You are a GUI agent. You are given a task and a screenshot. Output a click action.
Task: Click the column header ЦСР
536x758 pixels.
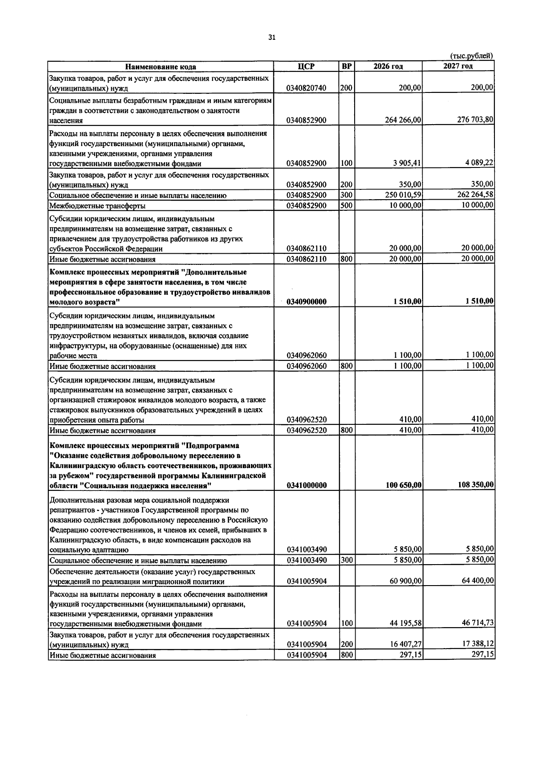coord(306,67)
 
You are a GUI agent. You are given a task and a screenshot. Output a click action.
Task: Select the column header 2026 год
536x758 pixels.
coord(388,67)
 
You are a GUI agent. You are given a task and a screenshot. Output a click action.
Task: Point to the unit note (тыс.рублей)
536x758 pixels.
coord(472,56)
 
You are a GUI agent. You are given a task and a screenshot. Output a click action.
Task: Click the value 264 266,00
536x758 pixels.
coord(403,120)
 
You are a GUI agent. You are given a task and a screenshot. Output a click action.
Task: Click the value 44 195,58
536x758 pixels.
coord(406,624)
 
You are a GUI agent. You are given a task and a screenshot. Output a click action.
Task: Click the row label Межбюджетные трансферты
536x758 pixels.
coord(97,206)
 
